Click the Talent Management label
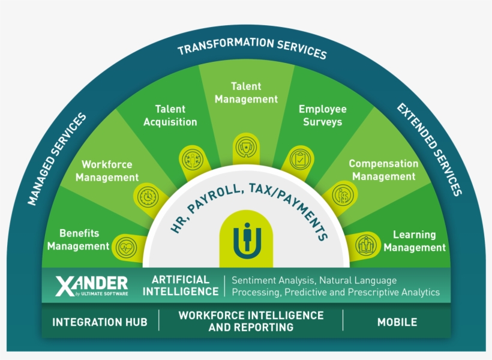coord(246,93)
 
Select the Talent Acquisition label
coord(170,115)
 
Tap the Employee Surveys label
coord(322,115)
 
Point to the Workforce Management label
coord(107,171)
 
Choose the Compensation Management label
coord(383,170)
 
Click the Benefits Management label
coord(79,239)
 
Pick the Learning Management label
coord(415,241)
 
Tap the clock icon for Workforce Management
coord(148,197)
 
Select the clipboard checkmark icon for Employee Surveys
coord(298,160)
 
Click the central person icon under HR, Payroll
coord(246,238)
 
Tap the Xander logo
coord(91,286)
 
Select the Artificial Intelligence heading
coord(185,286)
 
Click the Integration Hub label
coord(100,322)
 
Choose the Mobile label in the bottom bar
coord(397,322)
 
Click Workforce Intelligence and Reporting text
coord(251,321)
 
